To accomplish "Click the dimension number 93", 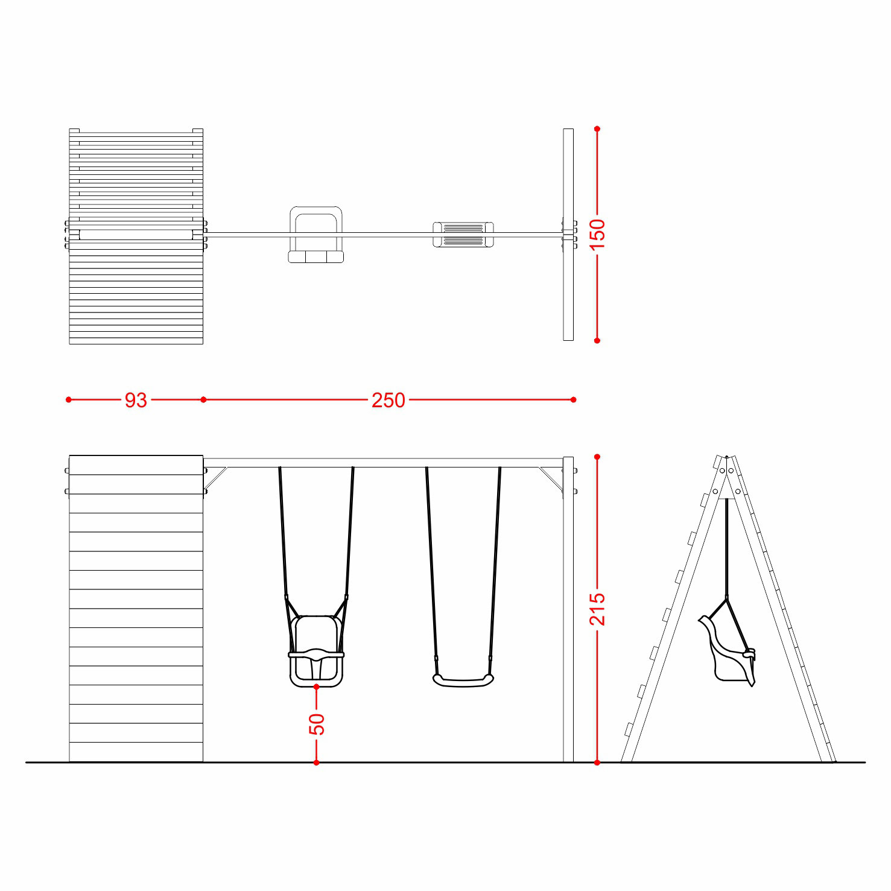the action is tap(136, 400).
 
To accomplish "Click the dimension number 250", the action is tap(388, 400).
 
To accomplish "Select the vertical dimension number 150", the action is tap(597, 235).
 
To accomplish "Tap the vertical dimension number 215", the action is tap(597, 609).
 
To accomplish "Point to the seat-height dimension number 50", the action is tap(317, 724).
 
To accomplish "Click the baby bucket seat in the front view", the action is tap(316, 652).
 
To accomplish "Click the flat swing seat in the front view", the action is tap(463, 680).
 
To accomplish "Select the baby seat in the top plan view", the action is tap(316, 235).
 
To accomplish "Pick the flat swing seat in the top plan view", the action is tap(463, 235).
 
